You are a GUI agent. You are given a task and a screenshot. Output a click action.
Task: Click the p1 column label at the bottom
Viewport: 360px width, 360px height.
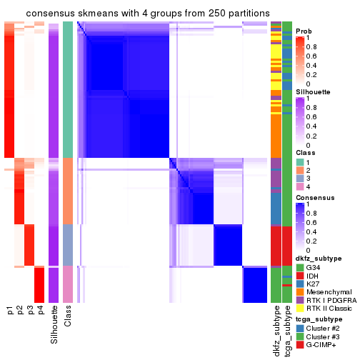10,310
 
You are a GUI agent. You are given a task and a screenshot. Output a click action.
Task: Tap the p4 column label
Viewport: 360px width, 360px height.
40,310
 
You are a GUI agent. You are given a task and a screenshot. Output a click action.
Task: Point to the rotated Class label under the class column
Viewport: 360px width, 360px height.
68,316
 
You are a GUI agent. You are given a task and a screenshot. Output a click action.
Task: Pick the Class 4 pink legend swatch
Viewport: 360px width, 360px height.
301,188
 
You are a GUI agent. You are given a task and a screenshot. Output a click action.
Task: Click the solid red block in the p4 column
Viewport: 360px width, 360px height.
40,284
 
